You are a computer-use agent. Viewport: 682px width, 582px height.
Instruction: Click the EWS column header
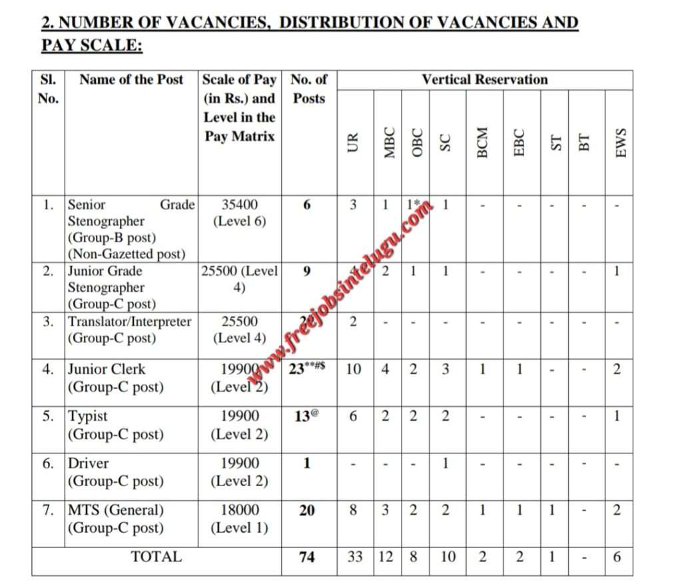click(621, 143)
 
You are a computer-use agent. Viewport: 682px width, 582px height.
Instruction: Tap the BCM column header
click(484, 142)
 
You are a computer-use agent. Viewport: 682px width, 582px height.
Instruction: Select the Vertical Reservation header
click(484, 80)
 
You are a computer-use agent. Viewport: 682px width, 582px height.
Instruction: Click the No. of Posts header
click(308, 89)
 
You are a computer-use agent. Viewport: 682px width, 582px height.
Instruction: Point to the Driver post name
click(89, 463)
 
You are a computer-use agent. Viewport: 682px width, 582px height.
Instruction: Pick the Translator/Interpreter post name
click(129, 322)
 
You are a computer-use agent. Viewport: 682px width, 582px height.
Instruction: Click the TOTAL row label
click(156, 557)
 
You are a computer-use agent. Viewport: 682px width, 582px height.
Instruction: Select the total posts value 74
click(307, 557)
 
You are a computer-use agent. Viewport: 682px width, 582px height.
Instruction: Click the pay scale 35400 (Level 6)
click(240, 213)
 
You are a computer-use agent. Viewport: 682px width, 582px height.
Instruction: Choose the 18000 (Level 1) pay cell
click(240, 519)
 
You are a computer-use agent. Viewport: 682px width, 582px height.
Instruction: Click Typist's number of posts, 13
click(304, 417)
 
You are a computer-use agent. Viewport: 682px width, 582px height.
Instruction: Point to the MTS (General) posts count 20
click(307, 511)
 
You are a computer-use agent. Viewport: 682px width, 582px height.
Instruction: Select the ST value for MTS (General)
click(551, 511)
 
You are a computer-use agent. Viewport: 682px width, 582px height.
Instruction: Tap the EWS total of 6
click(617, 557)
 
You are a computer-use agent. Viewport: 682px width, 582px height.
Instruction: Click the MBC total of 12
click(386, 557)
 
